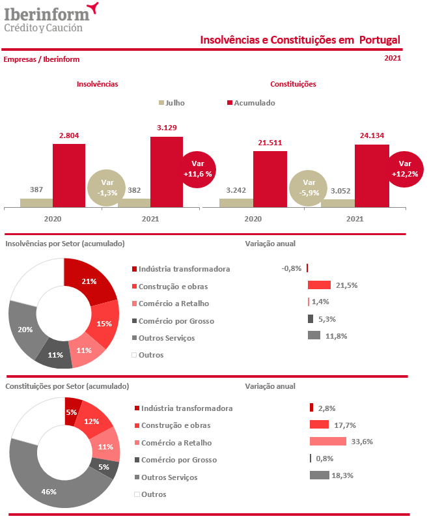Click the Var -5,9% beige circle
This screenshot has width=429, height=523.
point(309,188)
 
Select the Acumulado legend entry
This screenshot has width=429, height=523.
point(251,103)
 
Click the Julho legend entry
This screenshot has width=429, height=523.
point(172,103)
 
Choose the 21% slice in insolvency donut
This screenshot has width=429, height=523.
point(88,281)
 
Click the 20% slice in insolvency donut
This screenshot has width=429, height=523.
point(25,329)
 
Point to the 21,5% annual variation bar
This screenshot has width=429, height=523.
point(320,285)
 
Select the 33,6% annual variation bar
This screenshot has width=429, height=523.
point(328,442)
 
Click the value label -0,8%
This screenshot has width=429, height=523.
point(291,268)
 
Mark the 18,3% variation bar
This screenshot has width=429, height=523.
point(320,475)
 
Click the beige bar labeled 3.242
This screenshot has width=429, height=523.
point(236,203)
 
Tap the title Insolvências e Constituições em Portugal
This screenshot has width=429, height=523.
point(299,40)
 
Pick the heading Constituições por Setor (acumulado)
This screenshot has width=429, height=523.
point(67,386)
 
